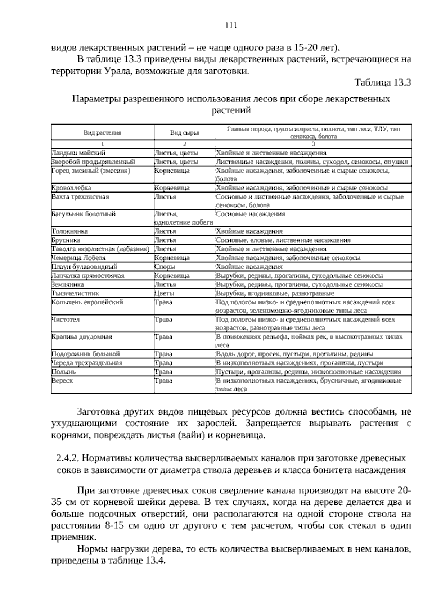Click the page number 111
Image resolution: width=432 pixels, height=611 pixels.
click(231, 25)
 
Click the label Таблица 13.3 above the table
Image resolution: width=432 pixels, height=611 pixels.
click(383, 82)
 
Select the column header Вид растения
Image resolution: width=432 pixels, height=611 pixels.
click(103, 132)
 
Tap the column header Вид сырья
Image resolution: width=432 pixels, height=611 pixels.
click(185, 132)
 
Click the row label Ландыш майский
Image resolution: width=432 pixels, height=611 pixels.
click(78, 153)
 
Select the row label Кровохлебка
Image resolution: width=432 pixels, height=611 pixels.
click(71, 188)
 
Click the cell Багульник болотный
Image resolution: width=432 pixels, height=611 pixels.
click(84, 214)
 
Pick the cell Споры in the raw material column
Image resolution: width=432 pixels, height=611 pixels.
click(165, 267)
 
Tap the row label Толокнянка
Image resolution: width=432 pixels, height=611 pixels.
click(70, 231)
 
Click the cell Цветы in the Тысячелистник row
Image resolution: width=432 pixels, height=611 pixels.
click(165, 293)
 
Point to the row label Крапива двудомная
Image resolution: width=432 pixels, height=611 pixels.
click(82, 336)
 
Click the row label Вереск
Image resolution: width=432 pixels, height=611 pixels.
click(62, 380)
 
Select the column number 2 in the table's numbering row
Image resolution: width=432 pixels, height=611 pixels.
click(185, 144)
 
